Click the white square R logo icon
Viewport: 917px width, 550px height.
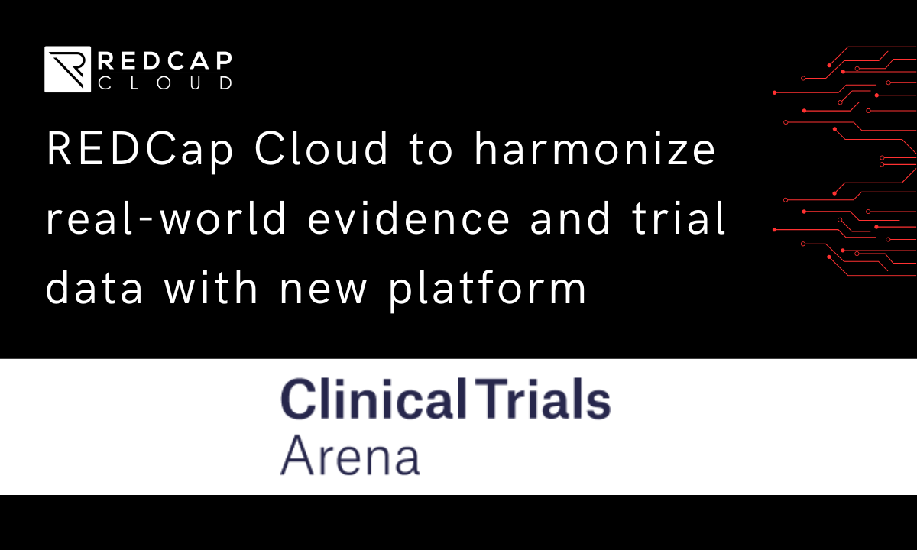coord(67,70)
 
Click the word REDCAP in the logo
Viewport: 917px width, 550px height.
coord(165,61)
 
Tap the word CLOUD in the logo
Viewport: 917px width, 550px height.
coord(165,82)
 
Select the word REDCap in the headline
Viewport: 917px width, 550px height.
coord(140,150)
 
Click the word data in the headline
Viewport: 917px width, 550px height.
coord(94,288)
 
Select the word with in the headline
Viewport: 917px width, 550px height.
coord(211,288)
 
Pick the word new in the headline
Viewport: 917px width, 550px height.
coord(323,291)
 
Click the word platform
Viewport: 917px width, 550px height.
coord(488,290)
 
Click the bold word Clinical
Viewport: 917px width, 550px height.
coord(374,399)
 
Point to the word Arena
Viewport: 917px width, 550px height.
coord(351,455)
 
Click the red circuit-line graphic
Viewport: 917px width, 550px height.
coord(844,161)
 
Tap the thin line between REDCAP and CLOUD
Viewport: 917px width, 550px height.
coord(165,73)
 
